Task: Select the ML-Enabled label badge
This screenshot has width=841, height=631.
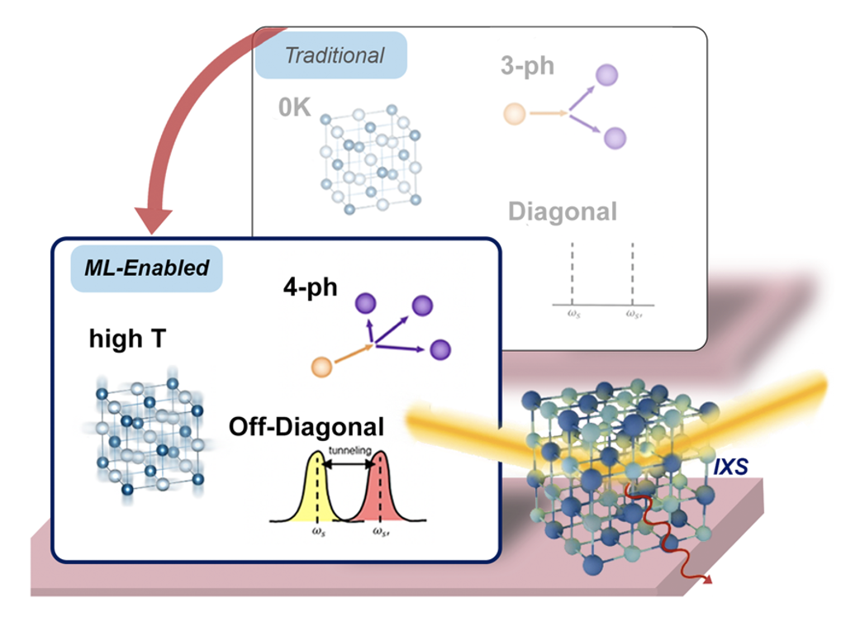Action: coord(147,268)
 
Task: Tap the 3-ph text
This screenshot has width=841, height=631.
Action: coord(527,66)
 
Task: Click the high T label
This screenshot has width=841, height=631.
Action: coord(126,339)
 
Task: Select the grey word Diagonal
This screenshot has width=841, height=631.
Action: coord(562,211)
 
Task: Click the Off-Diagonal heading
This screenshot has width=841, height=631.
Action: coord(306,426)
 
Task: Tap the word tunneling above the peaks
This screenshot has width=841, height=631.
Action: coord(349,451)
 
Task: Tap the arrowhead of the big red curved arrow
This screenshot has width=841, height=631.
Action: coord(154,221)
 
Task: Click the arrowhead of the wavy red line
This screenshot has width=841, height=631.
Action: coord(708,581)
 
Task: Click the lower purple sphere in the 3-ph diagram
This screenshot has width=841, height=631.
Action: coord(615,137)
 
